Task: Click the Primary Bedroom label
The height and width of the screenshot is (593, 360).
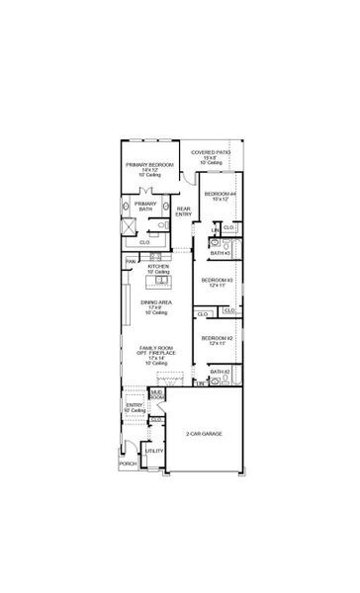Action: click(149, 164)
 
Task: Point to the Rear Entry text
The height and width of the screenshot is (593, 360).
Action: click(184, 212)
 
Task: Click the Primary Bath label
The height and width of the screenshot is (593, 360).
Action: click(146, 207)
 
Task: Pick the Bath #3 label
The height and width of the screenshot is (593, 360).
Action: click(220, 253)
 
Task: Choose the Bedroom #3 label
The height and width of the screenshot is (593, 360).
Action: click(217, 281)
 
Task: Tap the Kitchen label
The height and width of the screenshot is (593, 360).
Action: click(158, 267)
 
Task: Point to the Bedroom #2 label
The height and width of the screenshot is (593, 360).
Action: click(217, 339)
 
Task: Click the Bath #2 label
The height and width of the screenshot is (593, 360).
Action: click(220, 372)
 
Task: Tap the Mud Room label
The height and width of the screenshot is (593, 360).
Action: click(156, 394)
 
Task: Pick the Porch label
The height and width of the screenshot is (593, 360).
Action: click(128, 463)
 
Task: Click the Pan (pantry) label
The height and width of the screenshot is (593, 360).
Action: click(131, 261)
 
